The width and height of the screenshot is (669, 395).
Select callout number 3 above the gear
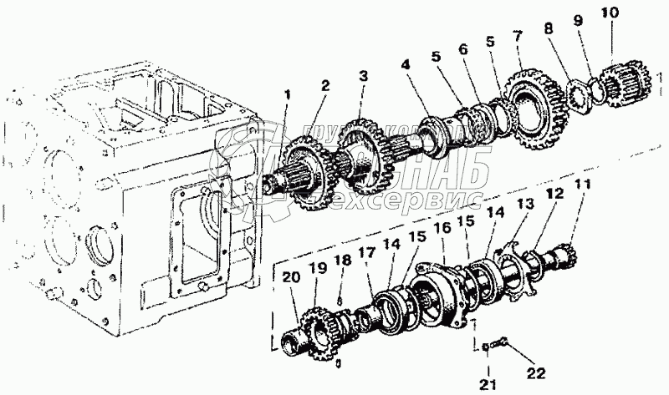point(362,76)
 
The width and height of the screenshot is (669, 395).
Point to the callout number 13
point(523,204)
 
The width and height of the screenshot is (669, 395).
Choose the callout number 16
point(443,227)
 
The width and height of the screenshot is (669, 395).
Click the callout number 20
point(289,279)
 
